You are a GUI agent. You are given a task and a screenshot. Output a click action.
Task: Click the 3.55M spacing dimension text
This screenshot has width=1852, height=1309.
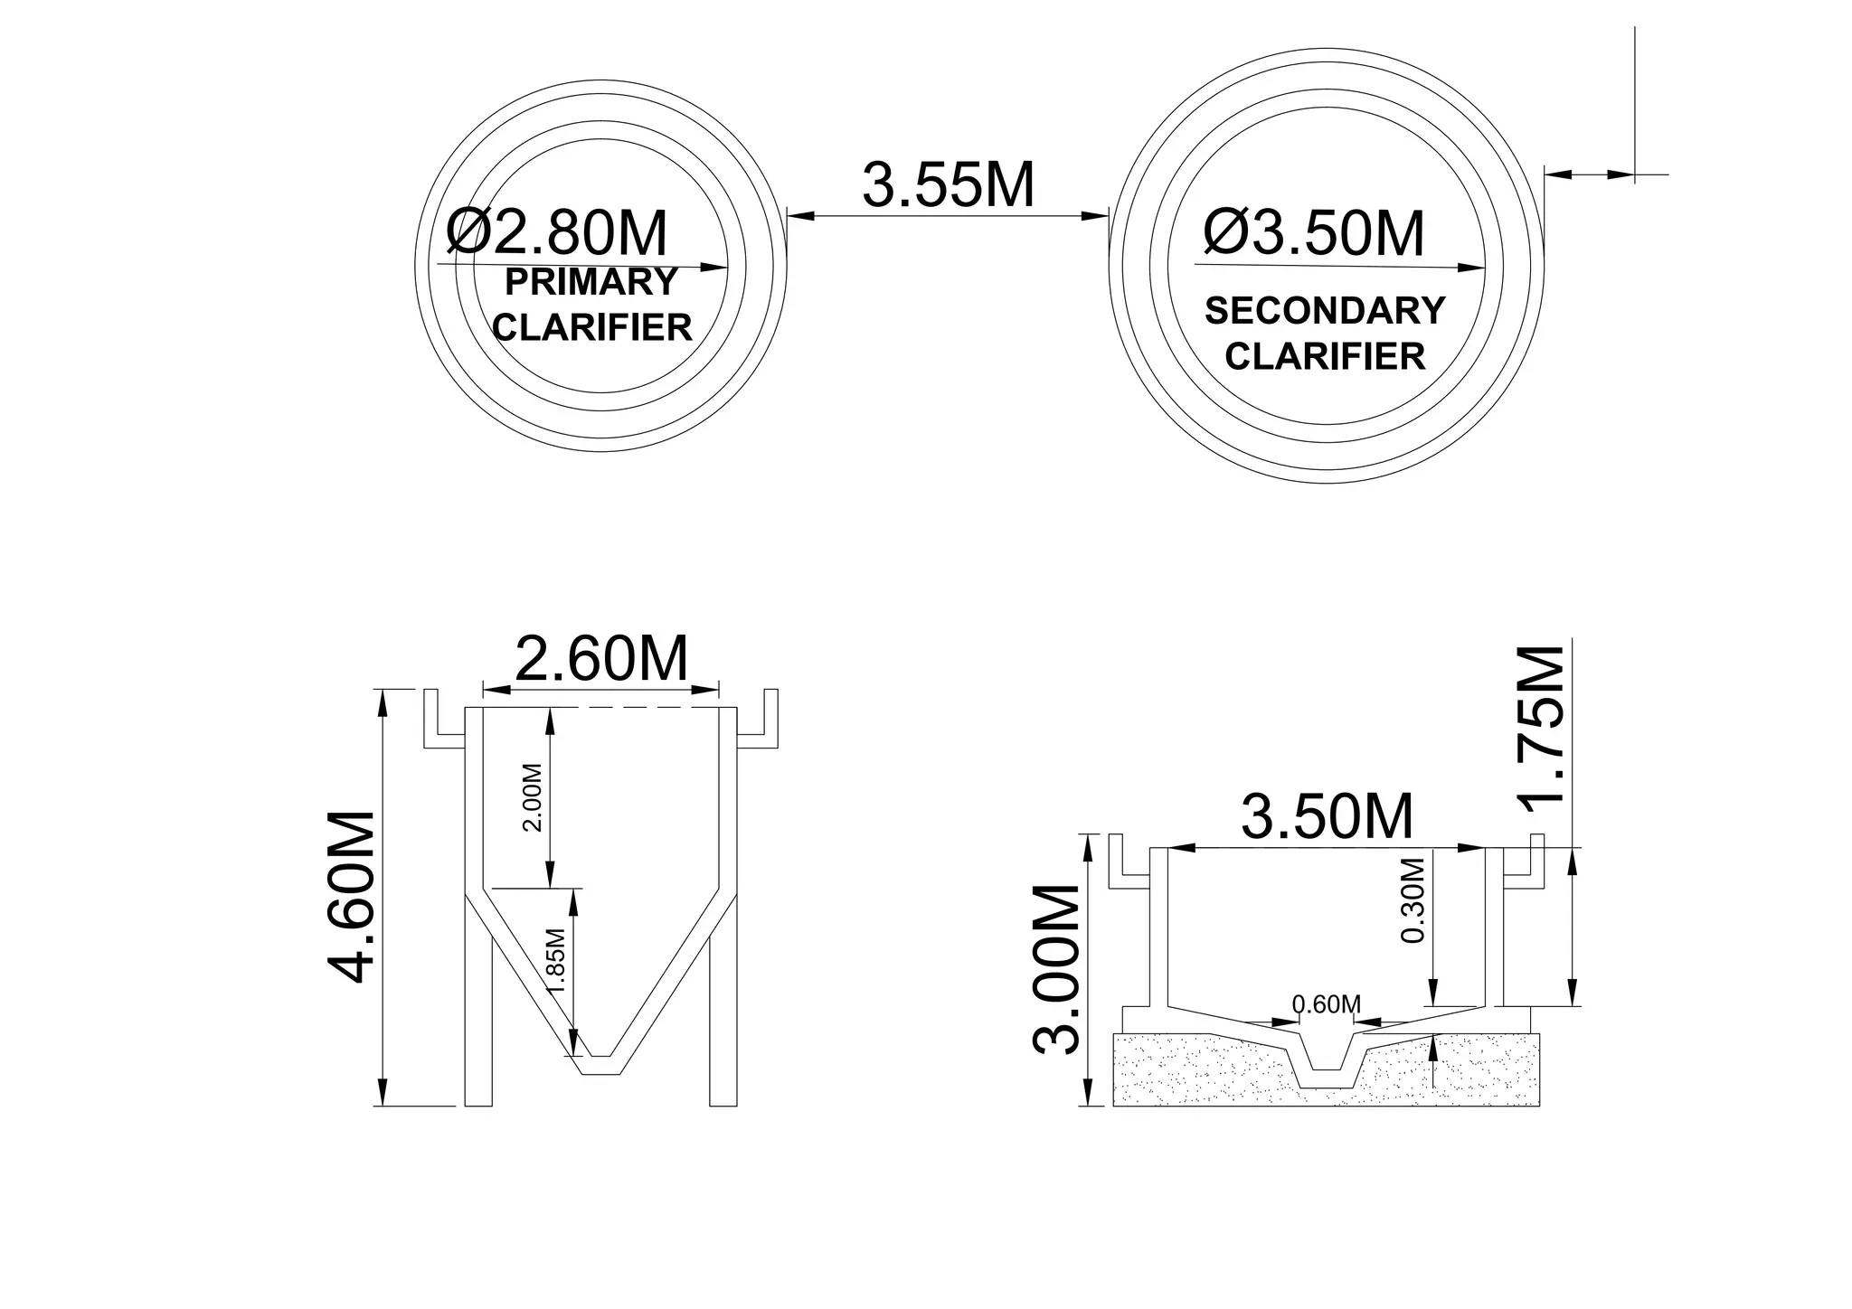pos(948,185)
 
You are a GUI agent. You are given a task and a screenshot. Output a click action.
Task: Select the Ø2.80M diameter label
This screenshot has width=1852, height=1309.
pos(557,234)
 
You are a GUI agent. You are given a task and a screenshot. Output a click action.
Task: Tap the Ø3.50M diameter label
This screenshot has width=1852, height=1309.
pos(1313,233)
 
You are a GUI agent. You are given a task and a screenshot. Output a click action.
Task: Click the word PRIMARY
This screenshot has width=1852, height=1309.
pos(591,282)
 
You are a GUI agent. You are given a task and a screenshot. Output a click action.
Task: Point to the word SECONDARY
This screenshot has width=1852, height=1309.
pos(1325,311)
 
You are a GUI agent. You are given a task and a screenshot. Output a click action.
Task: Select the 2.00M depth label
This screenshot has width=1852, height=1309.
pos(533,798)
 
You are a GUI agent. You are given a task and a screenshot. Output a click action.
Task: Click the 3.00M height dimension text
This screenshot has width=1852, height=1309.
pos(1056,969)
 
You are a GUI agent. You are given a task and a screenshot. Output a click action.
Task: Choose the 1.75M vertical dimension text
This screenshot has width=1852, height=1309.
pos(1540,725)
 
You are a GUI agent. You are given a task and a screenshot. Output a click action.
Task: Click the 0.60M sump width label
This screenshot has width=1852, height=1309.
pos(1327,1004)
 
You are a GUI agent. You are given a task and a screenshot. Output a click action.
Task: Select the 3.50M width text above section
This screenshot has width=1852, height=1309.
pos(1327,817)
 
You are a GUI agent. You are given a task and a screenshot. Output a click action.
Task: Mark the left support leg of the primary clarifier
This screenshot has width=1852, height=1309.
pos(478,1022)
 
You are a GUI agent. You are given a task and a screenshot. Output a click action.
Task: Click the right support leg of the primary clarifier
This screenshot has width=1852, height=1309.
pos(723,1022)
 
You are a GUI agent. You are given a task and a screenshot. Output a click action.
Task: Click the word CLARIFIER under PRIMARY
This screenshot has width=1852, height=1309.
pos(592,327)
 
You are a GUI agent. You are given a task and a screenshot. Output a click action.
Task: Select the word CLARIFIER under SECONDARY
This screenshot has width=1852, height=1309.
pos(1325,356)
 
